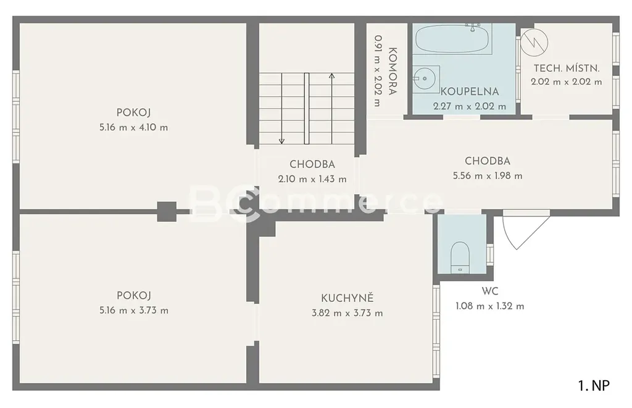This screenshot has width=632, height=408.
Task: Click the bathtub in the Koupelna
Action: [452, 39]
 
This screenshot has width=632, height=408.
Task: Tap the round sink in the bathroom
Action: [423, 78]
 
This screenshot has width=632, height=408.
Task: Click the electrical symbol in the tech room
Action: [534, 42]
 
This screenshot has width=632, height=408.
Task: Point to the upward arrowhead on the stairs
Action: [331, 76]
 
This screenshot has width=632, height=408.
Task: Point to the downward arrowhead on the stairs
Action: [281, 141]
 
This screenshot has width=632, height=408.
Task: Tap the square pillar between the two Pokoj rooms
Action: [167, 211]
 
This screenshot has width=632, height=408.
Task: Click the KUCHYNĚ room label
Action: [347, 298]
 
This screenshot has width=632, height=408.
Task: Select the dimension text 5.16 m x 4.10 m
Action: [134, 127]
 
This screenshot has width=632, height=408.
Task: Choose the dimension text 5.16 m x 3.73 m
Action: [134, 310]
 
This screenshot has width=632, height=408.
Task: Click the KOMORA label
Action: [393, 72]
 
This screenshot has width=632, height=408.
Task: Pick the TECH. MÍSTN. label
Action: [567, 68]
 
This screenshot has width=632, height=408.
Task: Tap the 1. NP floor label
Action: [594, 386]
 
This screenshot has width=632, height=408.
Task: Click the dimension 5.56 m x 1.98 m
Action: [488, 176]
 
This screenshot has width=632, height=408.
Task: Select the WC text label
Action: [490, 291]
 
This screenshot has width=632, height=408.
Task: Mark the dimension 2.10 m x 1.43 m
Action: [312, 179]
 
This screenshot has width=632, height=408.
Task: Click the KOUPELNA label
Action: [470, 91]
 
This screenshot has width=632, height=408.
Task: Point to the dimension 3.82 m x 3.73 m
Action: [347, 314]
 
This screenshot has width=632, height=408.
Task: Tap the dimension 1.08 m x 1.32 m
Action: [490, 306]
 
